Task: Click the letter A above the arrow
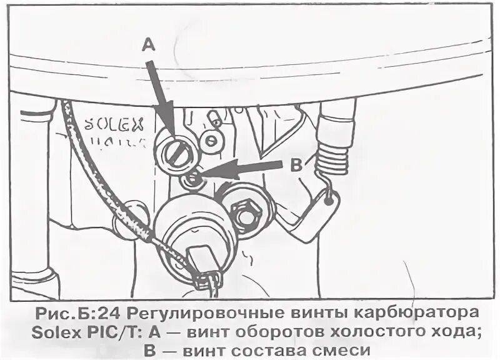tap(147, 44)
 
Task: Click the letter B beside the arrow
tap(296, 165)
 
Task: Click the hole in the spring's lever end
tap(329, 201)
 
